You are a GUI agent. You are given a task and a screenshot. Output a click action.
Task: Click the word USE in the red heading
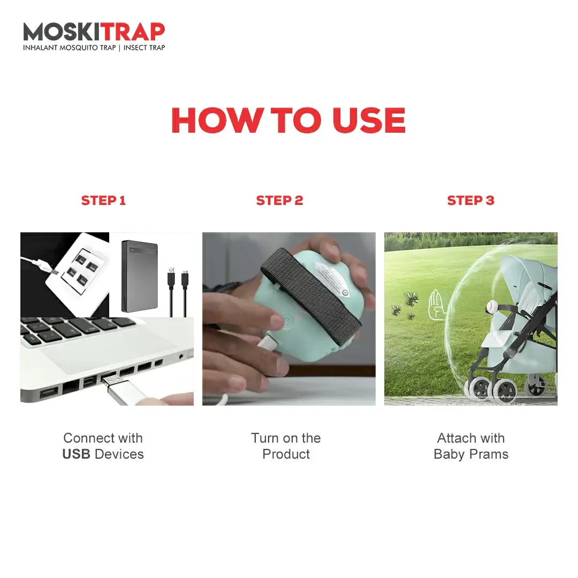tap(369, 120)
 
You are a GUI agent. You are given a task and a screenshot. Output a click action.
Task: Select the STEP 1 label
tap(103, 201)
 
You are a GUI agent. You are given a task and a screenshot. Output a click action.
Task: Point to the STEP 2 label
tap(279, 201)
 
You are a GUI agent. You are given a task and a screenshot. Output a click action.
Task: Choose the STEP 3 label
tap(471, 201)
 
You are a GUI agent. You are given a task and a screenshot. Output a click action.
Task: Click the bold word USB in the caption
tap(77, 454)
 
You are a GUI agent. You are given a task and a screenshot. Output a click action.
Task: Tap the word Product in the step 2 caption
tap(286, 454)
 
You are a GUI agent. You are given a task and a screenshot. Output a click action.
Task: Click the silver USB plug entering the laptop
tap(124, 389)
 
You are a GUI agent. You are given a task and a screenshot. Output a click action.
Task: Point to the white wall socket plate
tap(78, 274)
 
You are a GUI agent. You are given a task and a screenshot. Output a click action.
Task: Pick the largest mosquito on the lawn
tap(412, 298)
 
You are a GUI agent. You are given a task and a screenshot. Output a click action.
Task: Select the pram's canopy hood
tap(527, 279)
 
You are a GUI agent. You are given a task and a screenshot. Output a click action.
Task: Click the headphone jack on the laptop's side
tap(181, 356)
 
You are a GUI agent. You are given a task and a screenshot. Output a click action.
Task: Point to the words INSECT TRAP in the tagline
tap(144, 48)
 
